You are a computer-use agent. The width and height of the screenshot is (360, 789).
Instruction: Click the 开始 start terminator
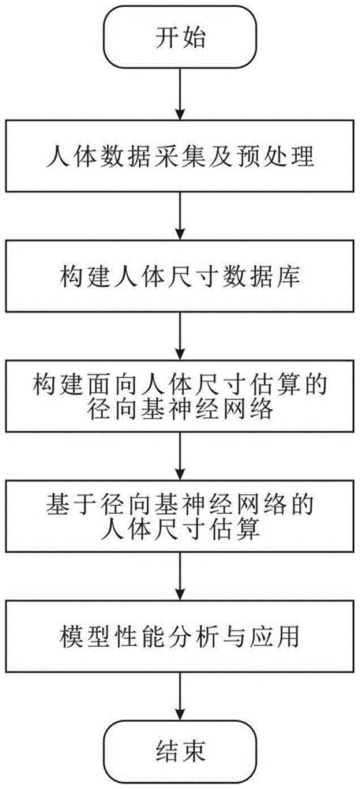point(180,38)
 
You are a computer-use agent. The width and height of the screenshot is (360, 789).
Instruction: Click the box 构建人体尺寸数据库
point(180,278)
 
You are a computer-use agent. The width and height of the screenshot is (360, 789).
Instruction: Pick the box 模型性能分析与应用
point(180,637)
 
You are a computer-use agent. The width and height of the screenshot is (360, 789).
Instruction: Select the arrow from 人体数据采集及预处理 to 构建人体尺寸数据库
point(180,217)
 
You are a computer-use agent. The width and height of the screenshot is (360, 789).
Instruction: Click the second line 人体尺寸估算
point(180,530)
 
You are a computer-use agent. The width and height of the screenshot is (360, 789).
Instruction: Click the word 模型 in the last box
point(81,637)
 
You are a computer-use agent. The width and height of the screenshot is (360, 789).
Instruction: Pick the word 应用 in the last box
point(280,637)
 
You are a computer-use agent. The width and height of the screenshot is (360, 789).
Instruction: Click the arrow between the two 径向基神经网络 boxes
point(180,458)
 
